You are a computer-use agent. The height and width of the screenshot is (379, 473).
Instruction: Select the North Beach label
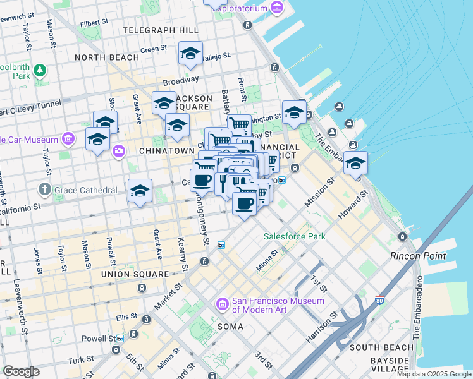[107, 57]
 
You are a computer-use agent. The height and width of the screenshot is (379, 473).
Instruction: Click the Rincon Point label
[418, 256]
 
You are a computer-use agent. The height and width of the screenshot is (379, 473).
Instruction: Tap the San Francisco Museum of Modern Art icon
[222, 305]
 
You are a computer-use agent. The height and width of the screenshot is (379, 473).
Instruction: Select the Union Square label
[135, 274]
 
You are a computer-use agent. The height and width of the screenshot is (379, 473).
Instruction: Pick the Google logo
[21, 371]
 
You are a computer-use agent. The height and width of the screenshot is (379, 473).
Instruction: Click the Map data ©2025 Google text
[433, 374]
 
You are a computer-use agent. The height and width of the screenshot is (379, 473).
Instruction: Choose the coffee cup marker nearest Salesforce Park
[245, 203]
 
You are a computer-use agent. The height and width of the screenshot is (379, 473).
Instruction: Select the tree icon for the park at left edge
[40, 69]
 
